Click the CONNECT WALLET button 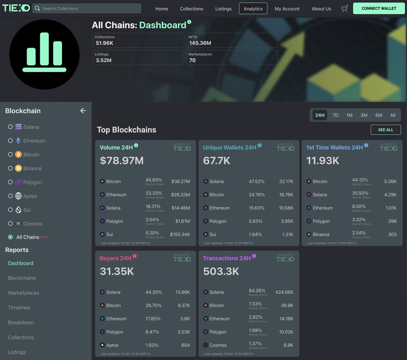379,8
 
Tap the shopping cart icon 345,8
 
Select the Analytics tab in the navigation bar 253,8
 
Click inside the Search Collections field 90,8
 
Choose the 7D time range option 335,115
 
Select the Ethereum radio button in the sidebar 11,141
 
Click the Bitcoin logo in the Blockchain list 18,155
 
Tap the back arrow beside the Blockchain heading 83,111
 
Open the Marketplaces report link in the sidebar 23,293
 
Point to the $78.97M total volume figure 122,161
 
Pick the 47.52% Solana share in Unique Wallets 256,182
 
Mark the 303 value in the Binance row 392,235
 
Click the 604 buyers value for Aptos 186,345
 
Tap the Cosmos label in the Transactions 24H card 218,345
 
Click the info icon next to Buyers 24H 135,256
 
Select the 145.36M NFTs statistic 200,43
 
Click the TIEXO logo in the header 16,8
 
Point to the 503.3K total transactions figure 221,272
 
